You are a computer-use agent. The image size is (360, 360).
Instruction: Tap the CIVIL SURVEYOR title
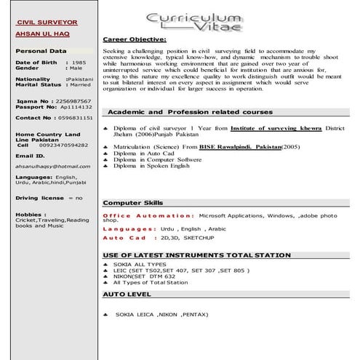click(47, 23)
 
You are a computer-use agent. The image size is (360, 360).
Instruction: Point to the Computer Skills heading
click(133, 202)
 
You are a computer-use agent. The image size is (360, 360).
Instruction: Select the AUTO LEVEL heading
click(127, 295)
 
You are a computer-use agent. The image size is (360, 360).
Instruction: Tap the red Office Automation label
click(148, 216)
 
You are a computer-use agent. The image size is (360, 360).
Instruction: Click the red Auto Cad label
click(124, 238)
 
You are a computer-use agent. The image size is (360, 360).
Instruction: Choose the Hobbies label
click(31, 215)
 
